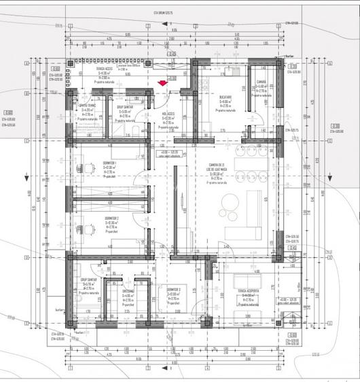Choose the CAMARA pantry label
262,82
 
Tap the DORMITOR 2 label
113,218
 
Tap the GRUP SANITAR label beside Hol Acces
125,107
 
